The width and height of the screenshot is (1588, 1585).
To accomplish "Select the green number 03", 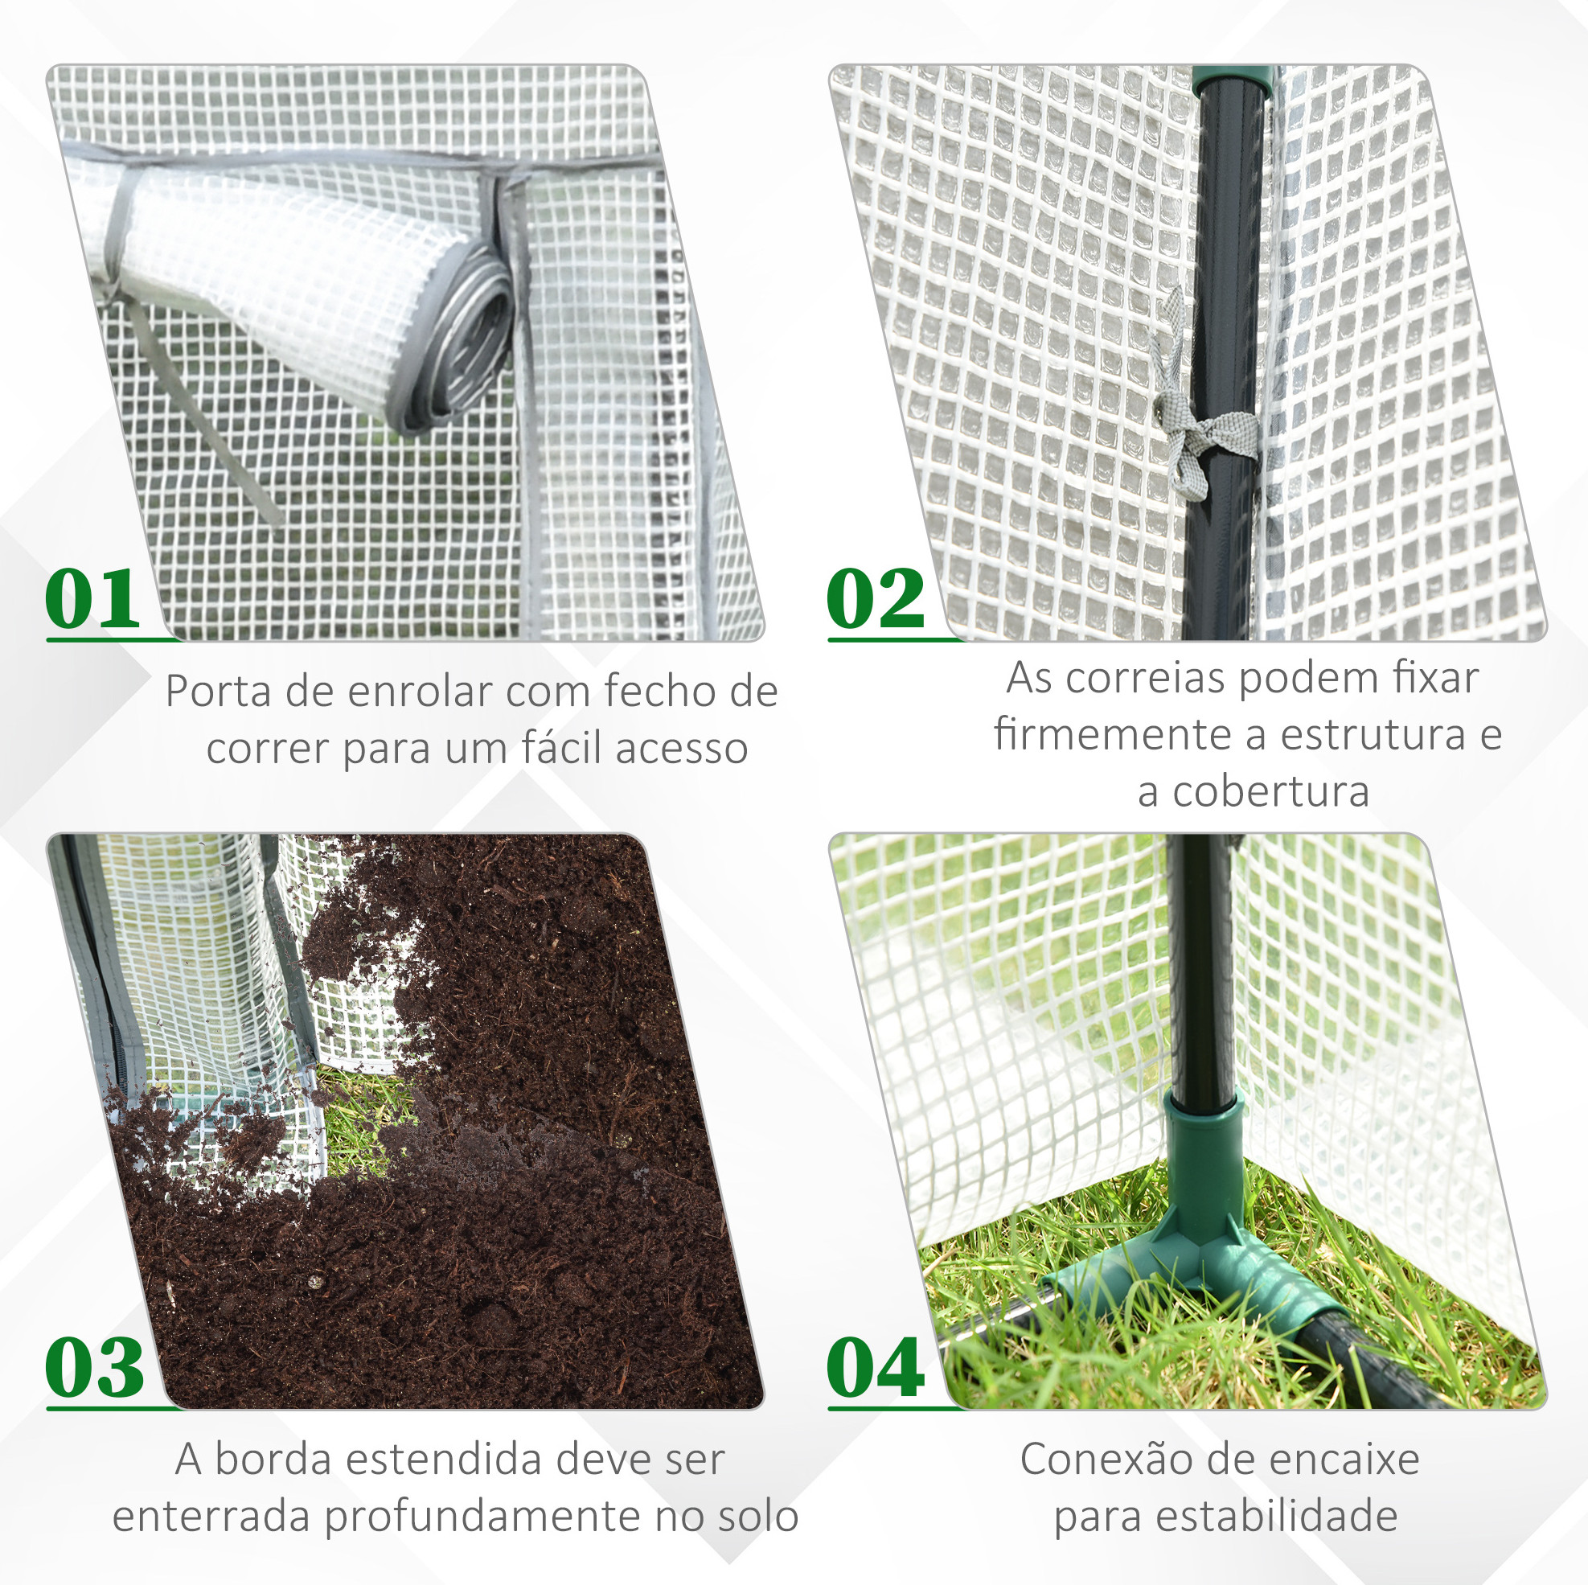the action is coord(95,1367).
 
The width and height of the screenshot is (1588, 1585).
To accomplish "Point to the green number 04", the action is coord(876,1367).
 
